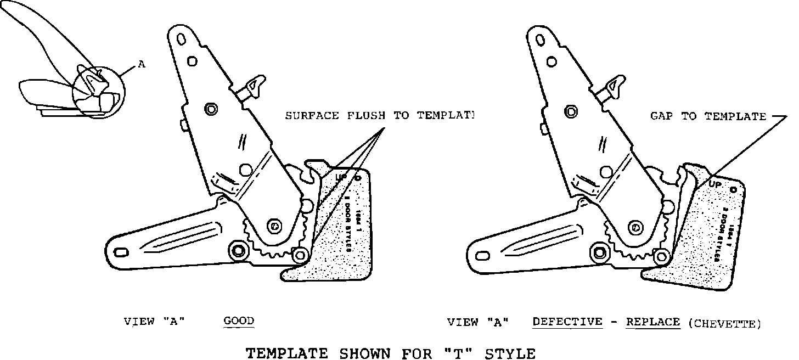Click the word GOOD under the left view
pos(239,321)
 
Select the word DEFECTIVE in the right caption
pos(567,322)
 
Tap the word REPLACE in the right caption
pos(653,322)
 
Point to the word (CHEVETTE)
pos(724,324)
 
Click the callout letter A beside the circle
pos(142,64)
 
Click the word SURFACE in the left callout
pos(310,115)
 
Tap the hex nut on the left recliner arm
pos(210,109)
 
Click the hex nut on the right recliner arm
pos(571,112)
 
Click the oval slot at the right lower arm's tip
pos(483,255)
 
